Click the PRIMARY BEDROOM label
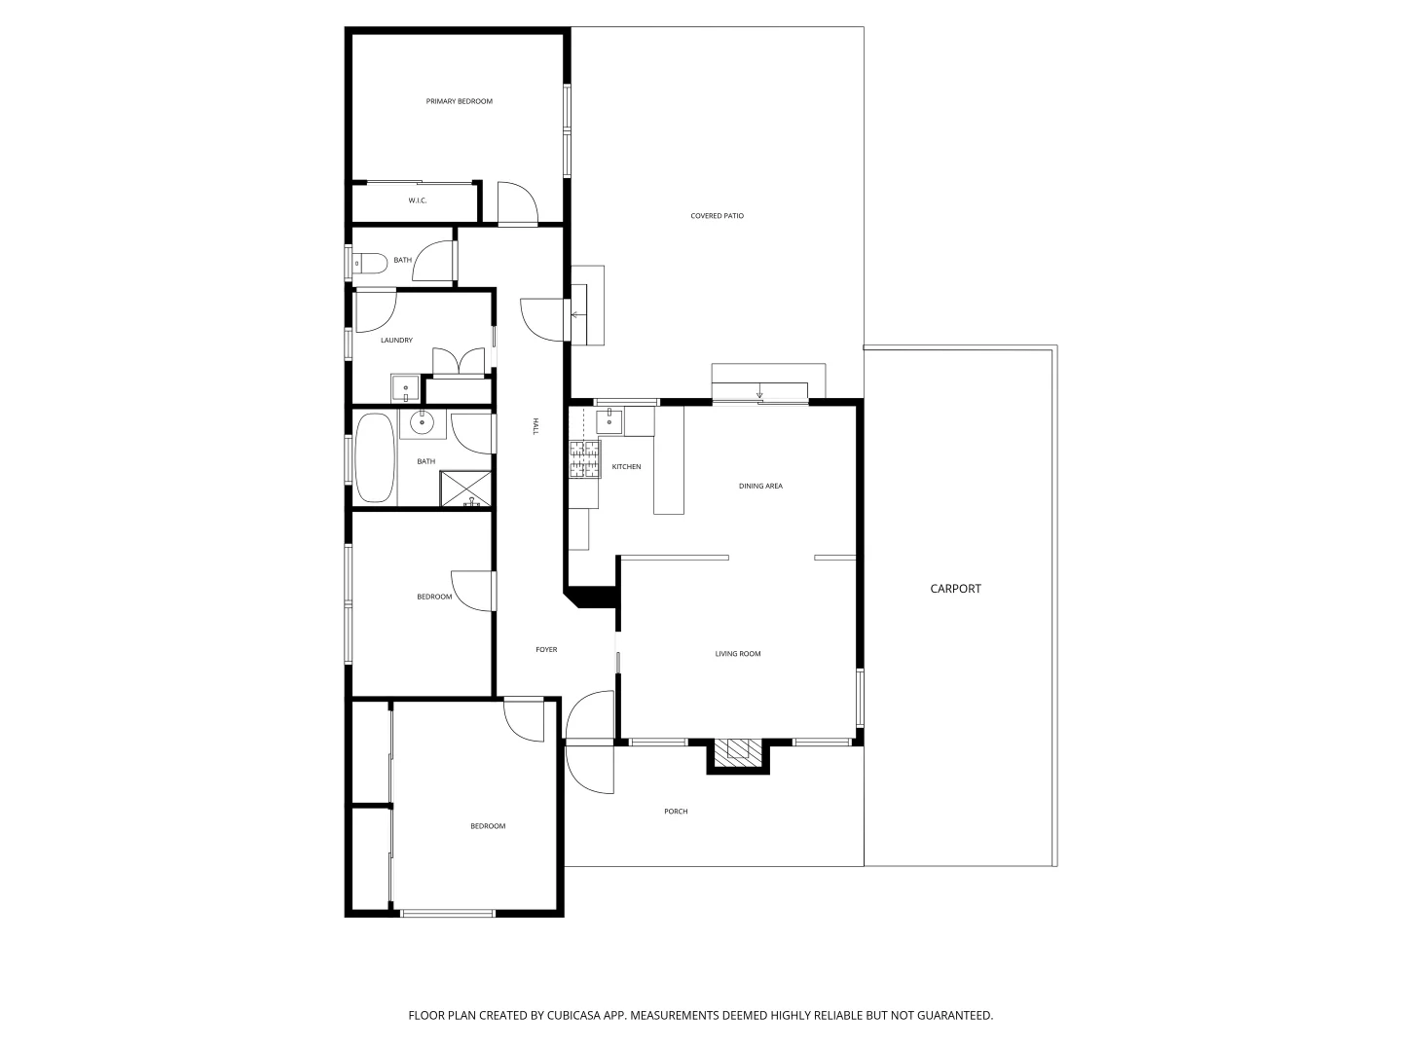(459, 101)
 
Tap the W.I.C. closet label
(417, 200)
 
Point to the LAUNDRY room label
(396, 341)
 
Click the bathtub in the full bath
(375, 457)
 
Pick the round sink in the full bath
(423, 422)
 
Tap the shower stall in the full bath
(466, 489)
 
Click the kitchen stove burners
(584, 459)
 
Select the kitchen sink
(609, 420)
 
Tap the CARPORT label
(955, 589)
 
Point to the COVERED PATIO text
(717, 216)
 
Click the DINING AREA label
(760, 486)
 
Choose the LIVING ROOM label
(738, 654)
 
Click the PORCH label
(676, 812)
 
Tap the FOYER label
(546, 650)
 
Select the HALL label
(535, 426)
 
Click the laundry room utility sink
(405, 389)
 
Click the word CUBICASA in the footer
(578, 1015)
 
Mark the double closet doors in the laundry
(458, 362)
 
